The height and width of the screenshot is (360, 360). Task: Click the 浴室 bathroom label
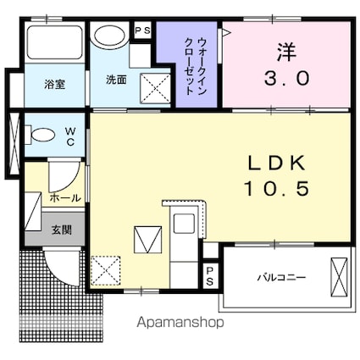pos(54,83)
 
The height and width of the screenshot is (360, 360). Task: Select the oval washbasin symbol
pos(109,36)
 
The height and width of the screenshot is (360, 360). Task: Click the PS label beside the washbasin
pos(142,30)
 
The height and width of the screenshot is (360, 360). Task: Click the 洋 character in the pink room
pos(285,50)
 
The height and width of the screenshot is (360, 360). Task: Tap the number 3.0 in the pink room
pos(286,78)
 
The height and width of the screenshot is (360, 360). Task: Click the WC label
pos(70,136)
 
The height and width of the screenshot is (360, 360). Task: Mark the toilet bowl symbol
pos(40,135)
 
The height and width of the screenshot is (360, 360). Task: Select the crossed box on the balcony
pos(339,275)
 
